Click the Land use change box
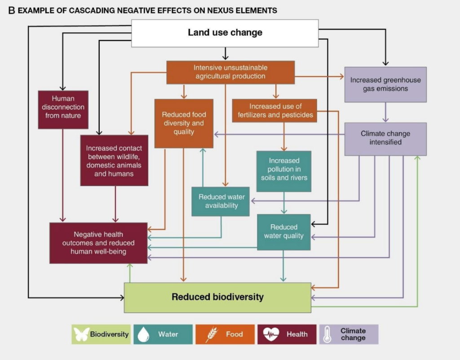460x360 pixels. (x=225, y=33)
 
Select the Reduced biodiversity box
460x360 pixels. (x=217, y=297)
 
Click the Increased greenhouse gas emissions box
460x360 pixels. (x=385, y=84)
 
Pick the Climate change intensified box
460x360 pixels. (x=385, y=138)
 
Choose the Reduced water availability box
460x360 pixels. (x=221, y=201)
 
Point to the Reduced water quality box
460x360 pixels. (x=283, y=231)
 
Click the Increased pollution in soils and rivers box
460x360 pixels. (x=283, y=169)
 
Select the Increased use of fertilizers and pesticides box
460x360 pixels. (x=275, y=111)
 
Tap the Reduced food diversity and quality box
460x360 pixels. (x=183, y=123)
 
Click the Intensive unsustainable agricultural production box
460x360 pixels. (x=230, y=72)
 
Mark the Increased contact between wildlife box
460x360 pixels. (x=114, y=160)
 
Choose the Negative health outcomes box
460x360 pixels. (x=98, y=243)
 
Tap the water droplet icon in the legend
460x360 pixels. (x=144, y=334)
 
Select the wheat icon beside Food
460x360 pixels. (x=211, y=334)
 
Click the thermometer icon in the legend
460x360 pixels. (x=327, y=334)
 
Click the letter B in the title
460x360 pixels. (x=12, y=10)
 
